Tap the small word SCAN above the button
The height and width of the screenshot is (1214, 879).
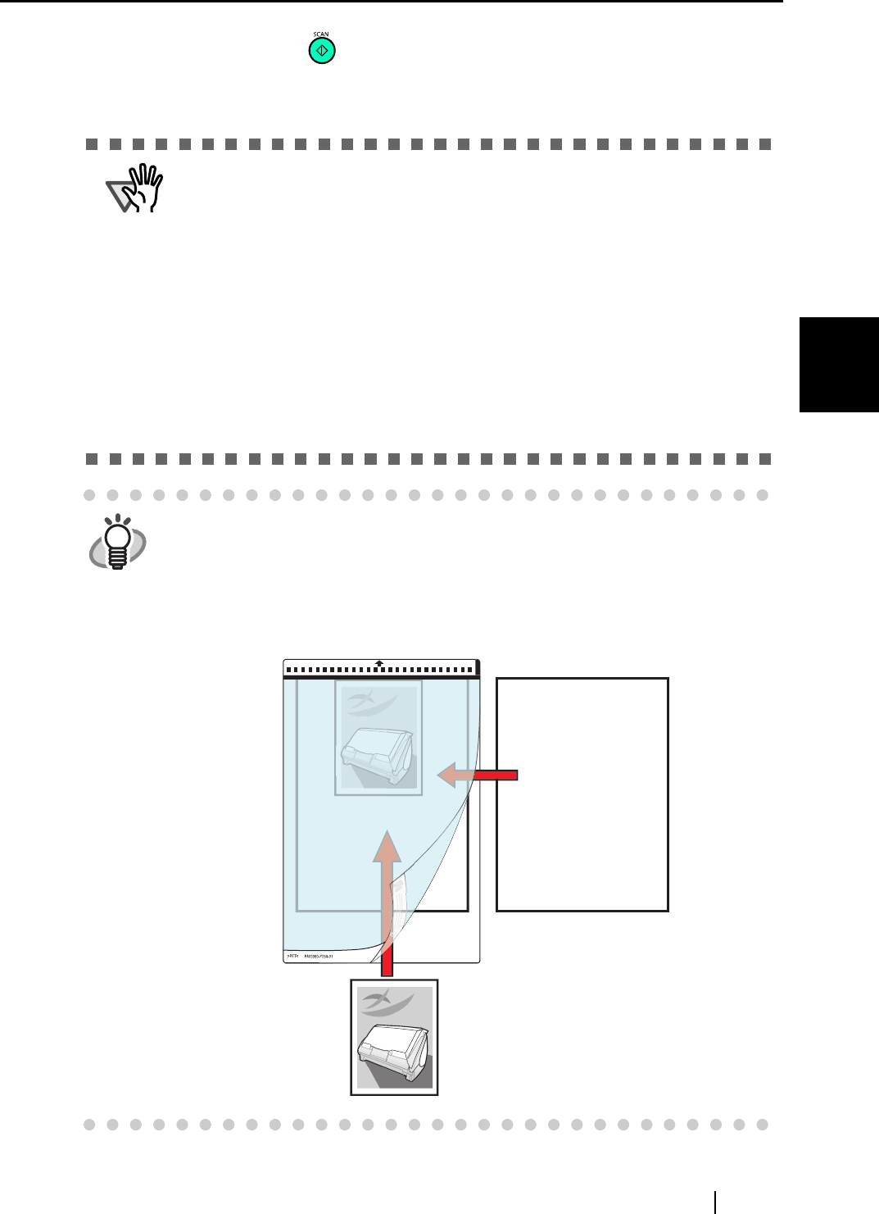pyautogui.click(x=321, y=34)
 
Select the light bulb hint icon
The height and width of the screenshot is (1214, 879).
pyautogui.click(x=118, y=542)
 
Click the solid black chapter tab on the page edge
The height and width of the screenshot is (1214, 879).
pyautogui.click(x=839, y=365)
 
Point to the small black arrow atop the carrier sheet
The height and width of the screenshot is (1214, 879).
pyautogui.click(x=379, y=663)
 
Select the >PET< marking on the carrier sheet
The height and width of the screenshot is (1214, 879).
pyautogui.click(x=292, y=957)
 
